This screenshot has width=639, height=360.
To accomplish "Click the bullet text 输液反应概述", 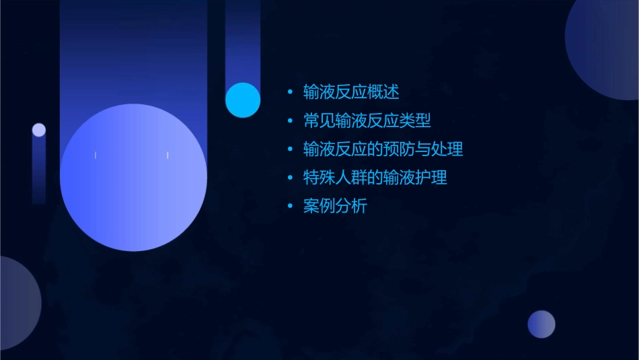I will point(351,92).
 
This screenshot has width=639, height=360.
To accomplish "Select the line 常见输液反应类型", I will point(367,120).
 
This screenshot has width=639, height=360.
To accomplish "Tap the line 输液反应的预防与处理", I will point(383,149).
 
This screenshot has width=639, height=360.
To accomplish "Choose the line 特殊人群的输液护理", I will point(375,178).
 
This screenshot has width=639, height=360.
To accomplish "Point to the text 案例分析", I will point(335,207).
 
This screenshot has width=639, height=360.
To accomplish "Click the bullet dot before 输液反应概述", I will point(290,92).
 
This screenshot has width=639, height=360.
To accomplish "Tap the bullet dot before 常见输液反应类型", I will point(290,121).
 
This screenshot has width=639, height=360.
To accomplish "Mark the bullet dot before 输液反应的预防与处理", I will point(290,149).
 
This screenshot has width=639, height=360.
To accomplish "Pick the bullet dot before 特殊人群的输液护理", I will point(290,178).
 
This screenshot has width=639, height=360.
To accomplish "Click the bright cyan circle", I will point(243,100).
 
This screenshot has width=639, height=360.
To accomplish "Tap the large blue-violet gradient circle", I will point(133,178).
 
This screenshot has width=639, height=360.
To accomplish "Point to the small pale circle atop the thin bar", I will point(39,130).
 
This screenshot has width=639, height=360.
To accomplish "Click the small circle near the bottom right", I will point(541,324).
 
